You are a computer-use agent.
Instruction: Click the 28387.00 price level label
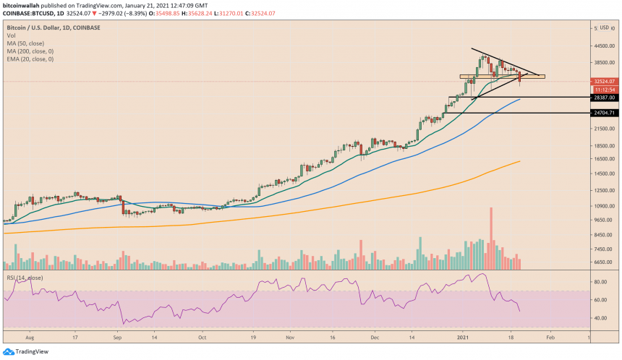(603, 98)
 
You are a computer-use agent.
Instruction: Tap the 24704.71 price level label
(603, 113)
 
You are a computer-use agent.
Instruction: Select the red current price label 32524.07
(603, 82)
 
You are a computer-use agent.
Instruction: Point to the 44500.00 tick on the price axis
(603, 46)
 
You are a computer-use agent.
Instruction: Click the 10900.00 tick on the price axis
(603, 206)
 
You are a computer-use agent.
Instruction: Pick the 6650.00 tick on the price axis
(603, 262)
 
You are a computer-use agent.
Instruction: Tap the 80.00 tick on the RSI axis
(601, 300)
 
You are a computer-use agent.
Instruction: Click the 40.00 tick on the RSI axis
(601, 318)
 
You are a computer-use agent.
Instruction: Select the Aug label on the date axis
(30, 337)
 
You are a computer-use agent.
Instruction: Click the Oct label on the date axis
(203, 337)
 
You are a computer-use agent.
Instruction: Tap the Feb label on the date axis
(551, 337)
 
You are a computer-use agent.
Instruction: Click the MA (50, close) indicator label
(27, 43)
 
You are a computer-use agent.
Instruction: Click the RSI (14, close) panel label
(25, 277)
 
